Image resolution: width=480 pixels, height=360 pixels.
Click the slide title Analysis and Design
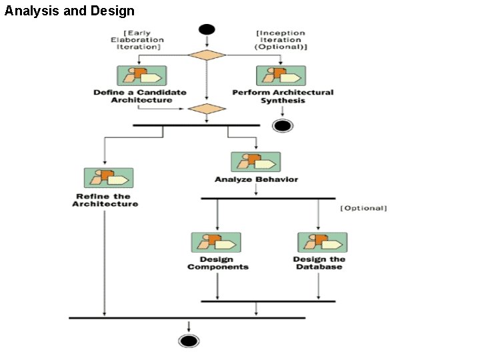pyautogui.click(x=69, y=11)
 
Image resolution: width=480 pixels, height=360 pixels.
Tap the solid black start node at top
pyautogui.click(x=207, y=30)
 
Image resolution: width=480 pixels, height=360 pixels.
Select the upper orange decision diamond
pyautogui.click(x=207, y=55)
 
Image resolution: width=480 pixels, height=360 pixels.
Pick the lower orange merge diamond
pyautogui.click(x=207, y=109)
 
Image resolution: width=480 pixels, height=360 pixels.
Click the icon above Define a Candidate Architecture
pyautogui.click(x=141, y=75)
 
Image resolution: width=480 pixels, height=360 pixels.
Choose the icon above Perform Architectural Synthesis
pyautogui.click(x=281, y=75)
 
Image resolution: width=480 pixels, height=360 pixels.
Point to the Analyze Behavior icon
pyautogui.click(x=256, y=162)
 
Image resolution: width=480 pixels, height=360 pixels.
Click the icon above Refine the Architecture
pyautogui.click(x=109, y=177)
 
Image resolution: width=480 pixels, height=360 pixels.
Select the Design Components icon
pyautogui.click(x=216, y=242)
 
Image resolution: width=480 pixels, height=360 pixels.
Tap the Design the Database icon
pyautogui.click(x=322, y=242)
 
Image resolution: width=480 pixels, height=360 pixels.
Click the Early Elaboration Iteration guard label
pyautogui.click(x=141, y=40)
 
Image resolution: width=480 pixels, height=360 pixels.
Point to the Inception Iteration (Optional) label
pyautogui.click(x=281, y=40)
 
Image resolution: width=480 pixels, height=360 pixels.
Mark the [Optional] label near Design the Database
pyautogui.click(x=363, y=208)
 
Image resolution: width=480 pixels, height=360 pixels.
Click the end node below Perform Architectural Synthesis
pyautogui.click(x=283, y=125)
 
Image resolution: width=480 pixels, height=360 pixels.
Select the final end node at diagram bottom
pyautogui.click(x=189, y=341)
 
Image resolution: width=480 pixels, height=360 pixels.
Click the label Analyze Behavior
pyautogui.click(x=256, y=179)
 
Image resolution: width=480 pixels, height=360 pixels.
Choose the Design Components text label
pyautogui.click(x=217, y=263)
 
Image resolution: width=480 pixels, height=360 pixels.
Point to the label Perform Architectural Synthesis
pyautogui.click(x=283, y=96)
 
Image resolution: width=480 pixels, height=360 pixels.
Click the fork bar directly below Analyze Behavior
pyautogui.click(x=268, y=198)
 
